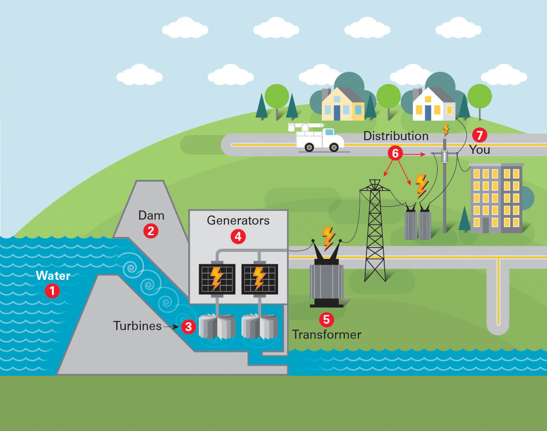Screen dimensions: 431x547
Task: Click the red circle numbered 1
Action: (x=52, y=291)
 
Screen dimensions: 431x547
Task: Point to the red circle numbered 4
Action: (x=238, y=236)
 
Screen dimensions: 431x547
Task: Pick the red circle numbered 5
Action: (x=326, y=319)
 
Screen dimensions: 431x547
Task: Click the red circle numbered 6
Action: (x=395, y=154)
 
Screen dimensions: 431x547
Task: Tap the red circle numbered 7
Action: (x=479, y=135)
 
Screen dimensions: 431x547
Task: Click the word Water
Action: (x=53, y=276)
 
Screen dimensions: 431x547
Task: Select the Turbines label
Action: (x=137, y=326)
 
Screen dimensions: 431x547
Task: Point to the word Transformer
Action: (x=326, y=335)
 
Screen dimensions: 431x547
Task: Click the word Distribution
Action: (x=396, y=136)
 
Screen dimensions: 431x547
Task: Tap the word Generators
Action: (x=238, y=221)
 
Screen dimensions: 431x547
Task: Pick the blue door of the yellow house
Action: (x=337, y=112)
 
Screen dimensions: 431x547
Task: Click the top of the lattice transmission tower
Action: (x=374, y=182)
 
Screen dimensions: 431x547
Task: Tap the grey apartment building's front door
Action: (x=485, y=225)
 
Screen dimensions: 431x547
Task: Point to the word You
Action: (x=480, y=150)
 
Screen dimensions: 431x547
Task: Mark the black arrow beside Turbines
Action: (x=171, y=326)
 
